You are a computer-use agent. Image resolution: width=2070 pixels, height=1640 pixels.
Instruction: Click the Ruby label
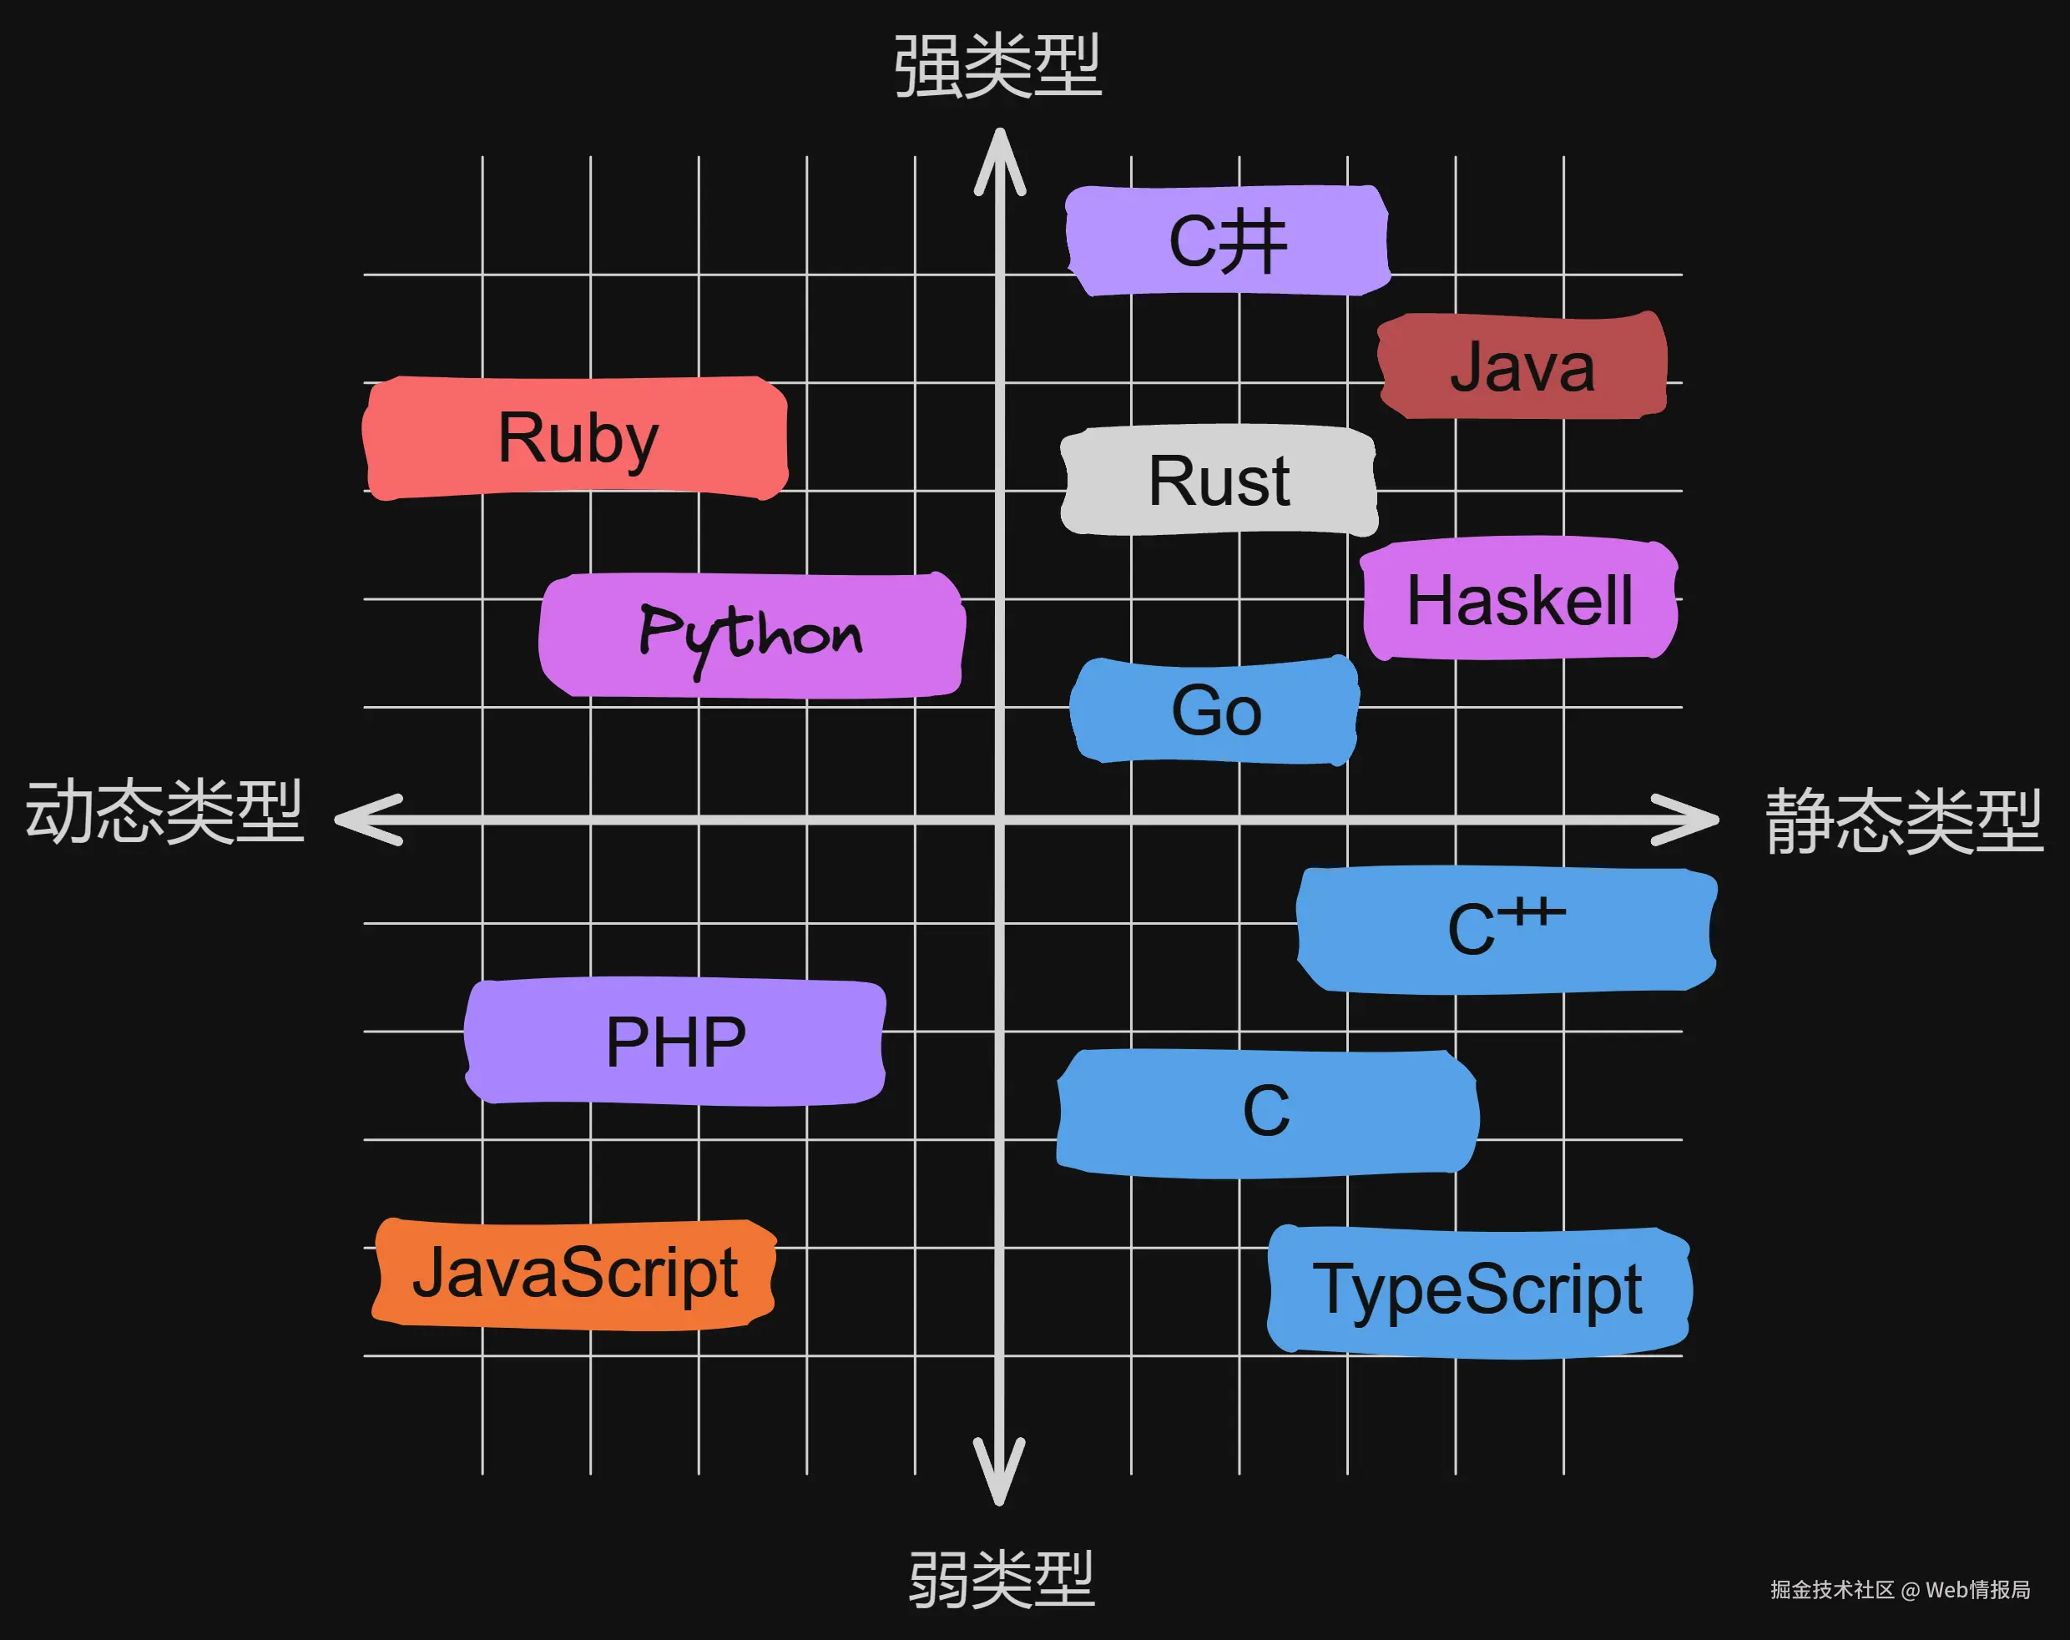click(576, 438)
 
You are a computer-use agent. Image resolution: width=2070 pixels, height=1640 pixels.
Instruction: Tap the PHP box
click(675, 1042)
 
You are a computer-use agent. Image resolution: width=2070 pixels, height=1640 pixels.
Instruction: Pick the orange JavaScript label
click(574, 1274)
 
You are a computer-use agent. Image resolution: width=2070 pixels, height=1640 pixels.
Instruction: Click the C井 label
click(1227, 241)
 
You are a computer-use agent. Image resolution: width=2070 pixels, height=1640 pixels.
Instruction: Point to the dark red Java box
click(1522, 366)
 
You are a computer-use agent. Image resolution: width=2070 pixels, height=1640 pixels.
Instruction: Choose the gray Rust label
click(1219, 480)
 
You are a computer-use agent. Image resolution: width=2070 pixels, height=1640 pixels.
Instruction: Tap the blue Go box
click(1215, 710)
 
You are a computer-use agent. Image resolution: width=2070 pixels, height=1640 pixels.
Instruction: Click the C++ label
click(1506, 930)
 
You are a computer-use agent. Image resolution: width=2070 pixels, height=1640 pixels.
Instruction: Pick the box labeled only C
click(1266, 1112)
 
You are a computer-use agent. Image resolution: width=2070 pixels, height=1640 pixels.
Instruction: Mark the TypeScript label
click(1477, 1289)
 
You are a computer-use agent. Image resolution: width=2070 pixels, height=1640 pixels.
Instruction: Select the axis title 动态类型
click(165, 812)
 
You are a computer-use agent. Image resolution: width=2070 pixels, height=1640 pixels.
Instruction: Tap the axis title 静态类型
click(1904, 821)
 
